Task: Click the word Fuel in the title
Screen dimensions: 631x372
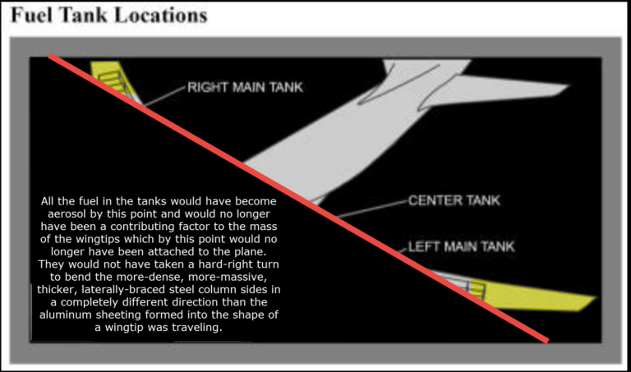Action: (31, 15)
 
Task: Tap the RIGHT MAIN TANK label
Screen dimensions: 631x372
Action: (245, 87)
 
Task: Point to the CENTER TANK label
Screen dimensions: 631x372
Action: (454, 200)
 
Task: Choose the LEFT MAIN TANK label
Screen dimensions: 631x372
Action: (461, 246)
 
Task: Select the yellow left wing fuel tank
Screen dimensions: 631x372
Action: (532, 295)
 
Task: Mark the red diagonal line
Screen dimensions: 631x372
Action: (298, 198)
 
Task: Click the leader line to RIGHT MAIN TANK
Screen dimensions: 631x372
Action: (164, 96)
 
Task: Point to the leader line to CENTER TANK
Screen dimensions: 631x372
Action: (372, 209)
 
